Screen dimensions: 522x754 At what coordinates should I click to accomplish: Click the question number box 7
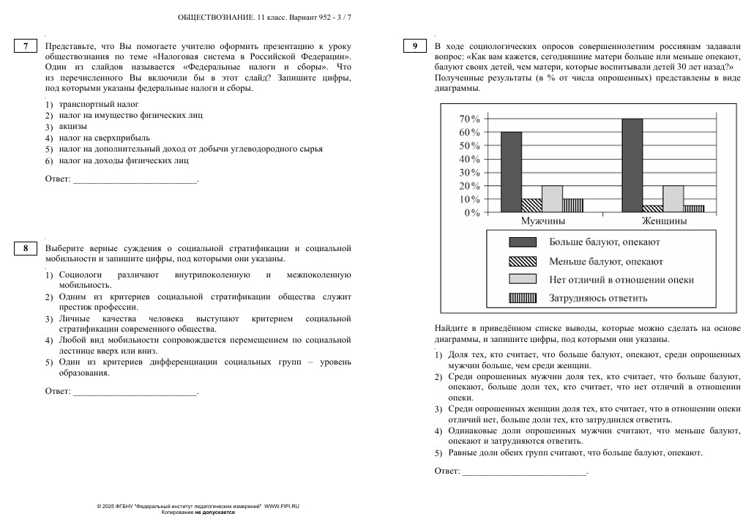[26, 46]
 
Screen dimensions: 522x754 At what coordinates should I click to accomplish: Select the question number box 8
[26, 248]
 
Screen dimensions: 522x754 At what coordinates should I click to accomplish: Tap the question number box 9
[414, 46]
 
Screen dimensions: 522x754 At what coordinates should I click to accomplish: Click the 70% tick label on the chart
[469, 119]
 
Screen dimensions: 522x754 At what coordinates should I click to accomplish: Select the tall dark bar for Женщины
[632, 165]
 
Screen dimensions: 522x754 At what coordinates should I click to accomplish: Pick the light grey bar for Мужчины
[552, 198]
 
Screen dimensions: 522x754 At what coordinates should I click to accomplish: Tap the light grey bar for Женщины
[673, 198]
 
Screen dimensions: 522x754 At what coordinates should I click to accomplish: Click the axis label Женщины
[664, 220]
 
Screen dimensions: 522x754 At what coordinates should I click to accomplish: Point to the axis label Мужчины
[542, 220]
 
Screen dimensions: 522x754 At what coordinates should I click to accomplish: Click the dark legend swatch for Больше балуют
[523, 242]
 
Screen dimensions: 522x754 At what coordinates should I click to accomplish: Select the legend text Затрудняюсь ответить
[598, 298]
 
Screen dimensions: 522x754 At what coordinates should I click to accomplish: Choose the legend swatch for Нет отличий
[523, 279]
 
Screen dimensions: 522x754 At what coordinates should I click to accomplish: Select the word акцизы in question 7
[72, 126]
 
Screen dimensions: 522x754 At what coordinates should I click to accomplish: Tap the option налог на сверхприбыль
[105, 138]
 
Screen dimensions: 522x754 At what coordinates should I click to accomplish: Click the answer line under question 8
[135, 395]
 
